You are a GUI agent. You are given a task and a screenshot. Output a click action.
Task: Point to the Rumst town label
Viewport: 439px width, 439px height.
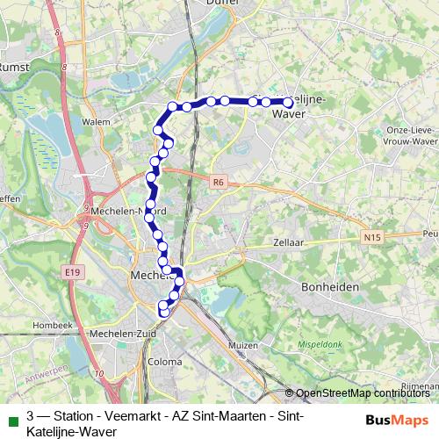[14, 66]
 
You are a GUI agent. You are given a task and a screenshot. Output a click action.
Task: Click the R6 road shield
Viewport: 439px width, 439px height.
[219, 182]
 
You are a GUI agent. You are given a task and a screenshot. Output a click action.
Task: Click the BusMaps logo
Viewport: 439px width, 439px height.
[398, 419]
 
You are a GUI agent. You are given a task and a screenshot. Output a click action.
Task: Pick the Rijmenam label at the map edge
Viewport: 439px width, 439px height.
[420, 385]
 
